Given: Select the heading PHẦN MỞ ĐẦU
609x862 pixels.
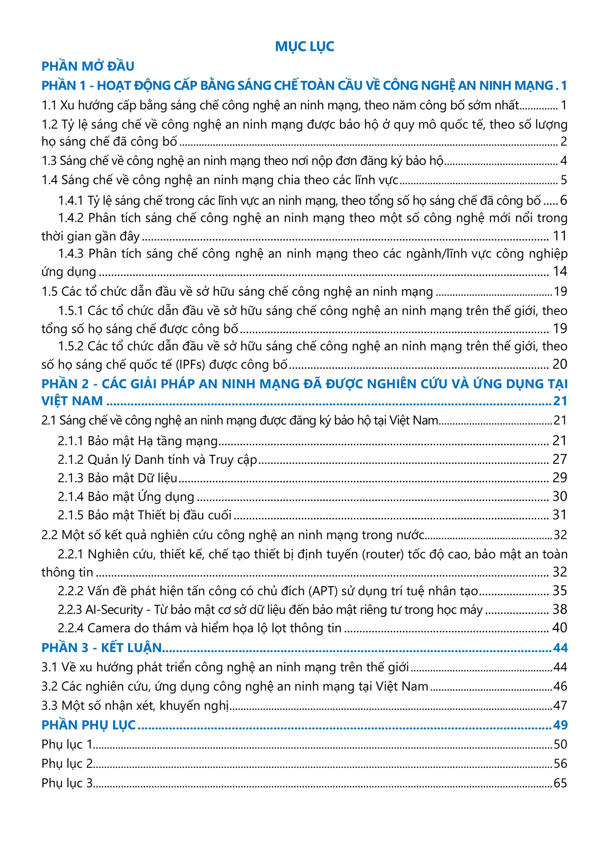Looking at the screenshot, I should [x=88, y=66].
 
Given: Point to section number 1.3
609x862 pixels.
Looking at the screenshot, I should [x=49, y=161].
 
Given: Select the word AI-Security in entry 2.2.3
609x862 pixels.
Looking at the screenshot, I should [x=114, y=609].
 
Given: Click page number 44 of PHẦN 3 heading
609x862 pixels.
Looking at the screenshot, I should [x=560, y=648].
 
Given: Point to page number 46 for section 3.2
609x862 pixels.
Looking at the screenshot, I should [x=560, y=686].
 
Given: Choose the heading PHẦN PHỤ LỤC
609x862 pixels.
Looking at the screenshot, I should [x=89, y=725].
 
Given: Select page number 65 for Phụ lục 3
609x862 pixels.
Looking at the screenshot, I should [x=560, y=783].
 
